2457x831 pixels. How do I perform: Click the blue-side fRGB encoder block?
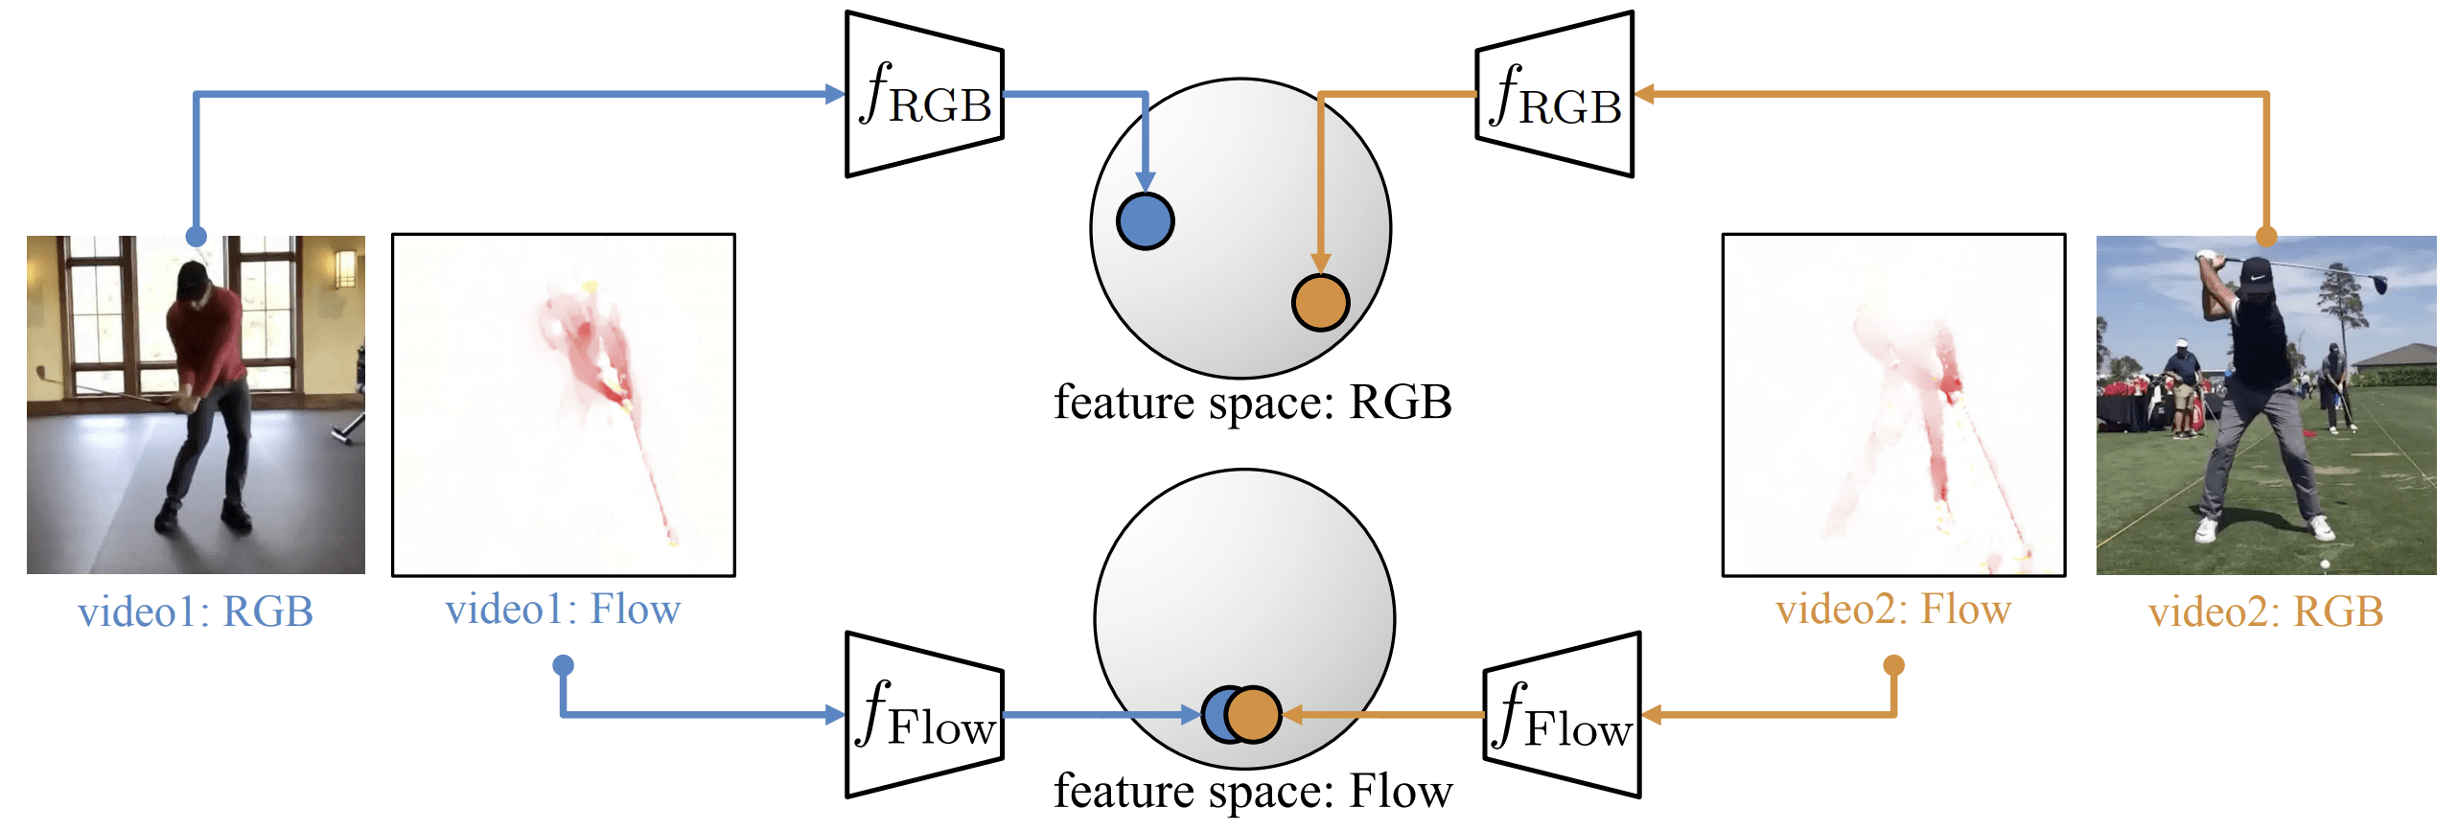(924, 94)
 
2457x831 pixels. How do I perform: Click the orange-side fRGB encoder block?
(1555, 94)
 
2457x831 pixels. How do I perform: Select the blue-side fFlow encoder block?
(924, 715)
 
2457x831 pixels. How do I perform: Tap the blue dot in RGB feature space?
(1145, 221)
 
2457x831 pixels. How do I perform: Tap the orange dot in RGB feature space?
(1320, 302)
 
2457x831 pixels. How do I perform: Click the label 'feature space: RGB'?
(1252, 403)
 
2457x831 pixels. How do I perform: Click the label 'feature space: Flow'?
(1252, 792)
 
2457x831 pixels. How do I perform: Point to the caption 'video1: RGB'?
(196, 612)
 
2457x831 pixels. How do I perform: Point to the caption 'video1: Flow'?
(563, 610)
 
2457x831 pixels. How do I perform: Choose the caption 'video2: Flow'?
(1893, 610)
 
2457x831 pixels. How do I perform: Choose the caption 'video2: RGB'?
(2265, 612)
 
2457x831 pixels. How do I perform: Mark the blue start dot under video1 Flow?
(563, 665)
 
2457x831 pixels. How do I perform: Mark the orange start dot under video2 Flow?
(1893, 665)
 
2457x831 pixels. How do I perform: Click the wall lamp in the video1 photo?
(344, 268)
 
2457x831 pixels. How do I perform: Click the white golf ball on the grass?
(2325, 566)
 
